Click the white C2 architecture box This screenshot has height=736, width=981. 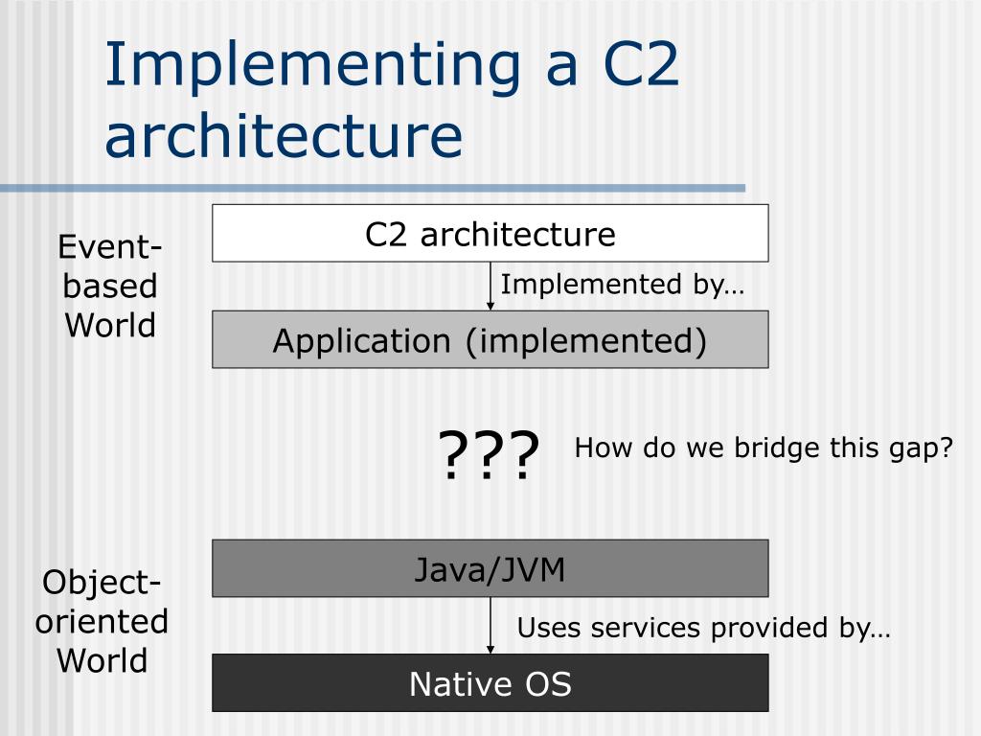[490, 233]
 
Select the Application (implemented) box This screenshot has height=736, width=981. [490, 339]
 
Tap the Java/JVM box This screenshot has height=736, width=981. [490, 568]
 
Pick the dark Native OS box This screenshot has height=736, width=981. [490, 683]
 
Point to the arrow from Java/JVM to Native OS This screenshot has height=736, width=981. [490, 625]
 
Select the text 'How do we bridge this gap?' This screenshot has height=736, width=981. [764, 448]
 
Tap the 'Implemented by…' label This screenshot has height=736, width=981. [622, 285]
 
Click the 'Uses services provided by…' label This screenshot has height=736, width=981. [703, 629]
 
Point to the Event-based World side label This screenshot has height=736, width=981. [109, 287]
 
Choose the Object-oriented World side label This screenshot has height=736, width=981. [102, 621]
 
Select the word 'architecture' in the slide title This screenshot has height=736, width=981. [284, 135]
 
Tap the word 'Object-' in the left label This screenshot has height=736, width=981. [102, 582]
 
